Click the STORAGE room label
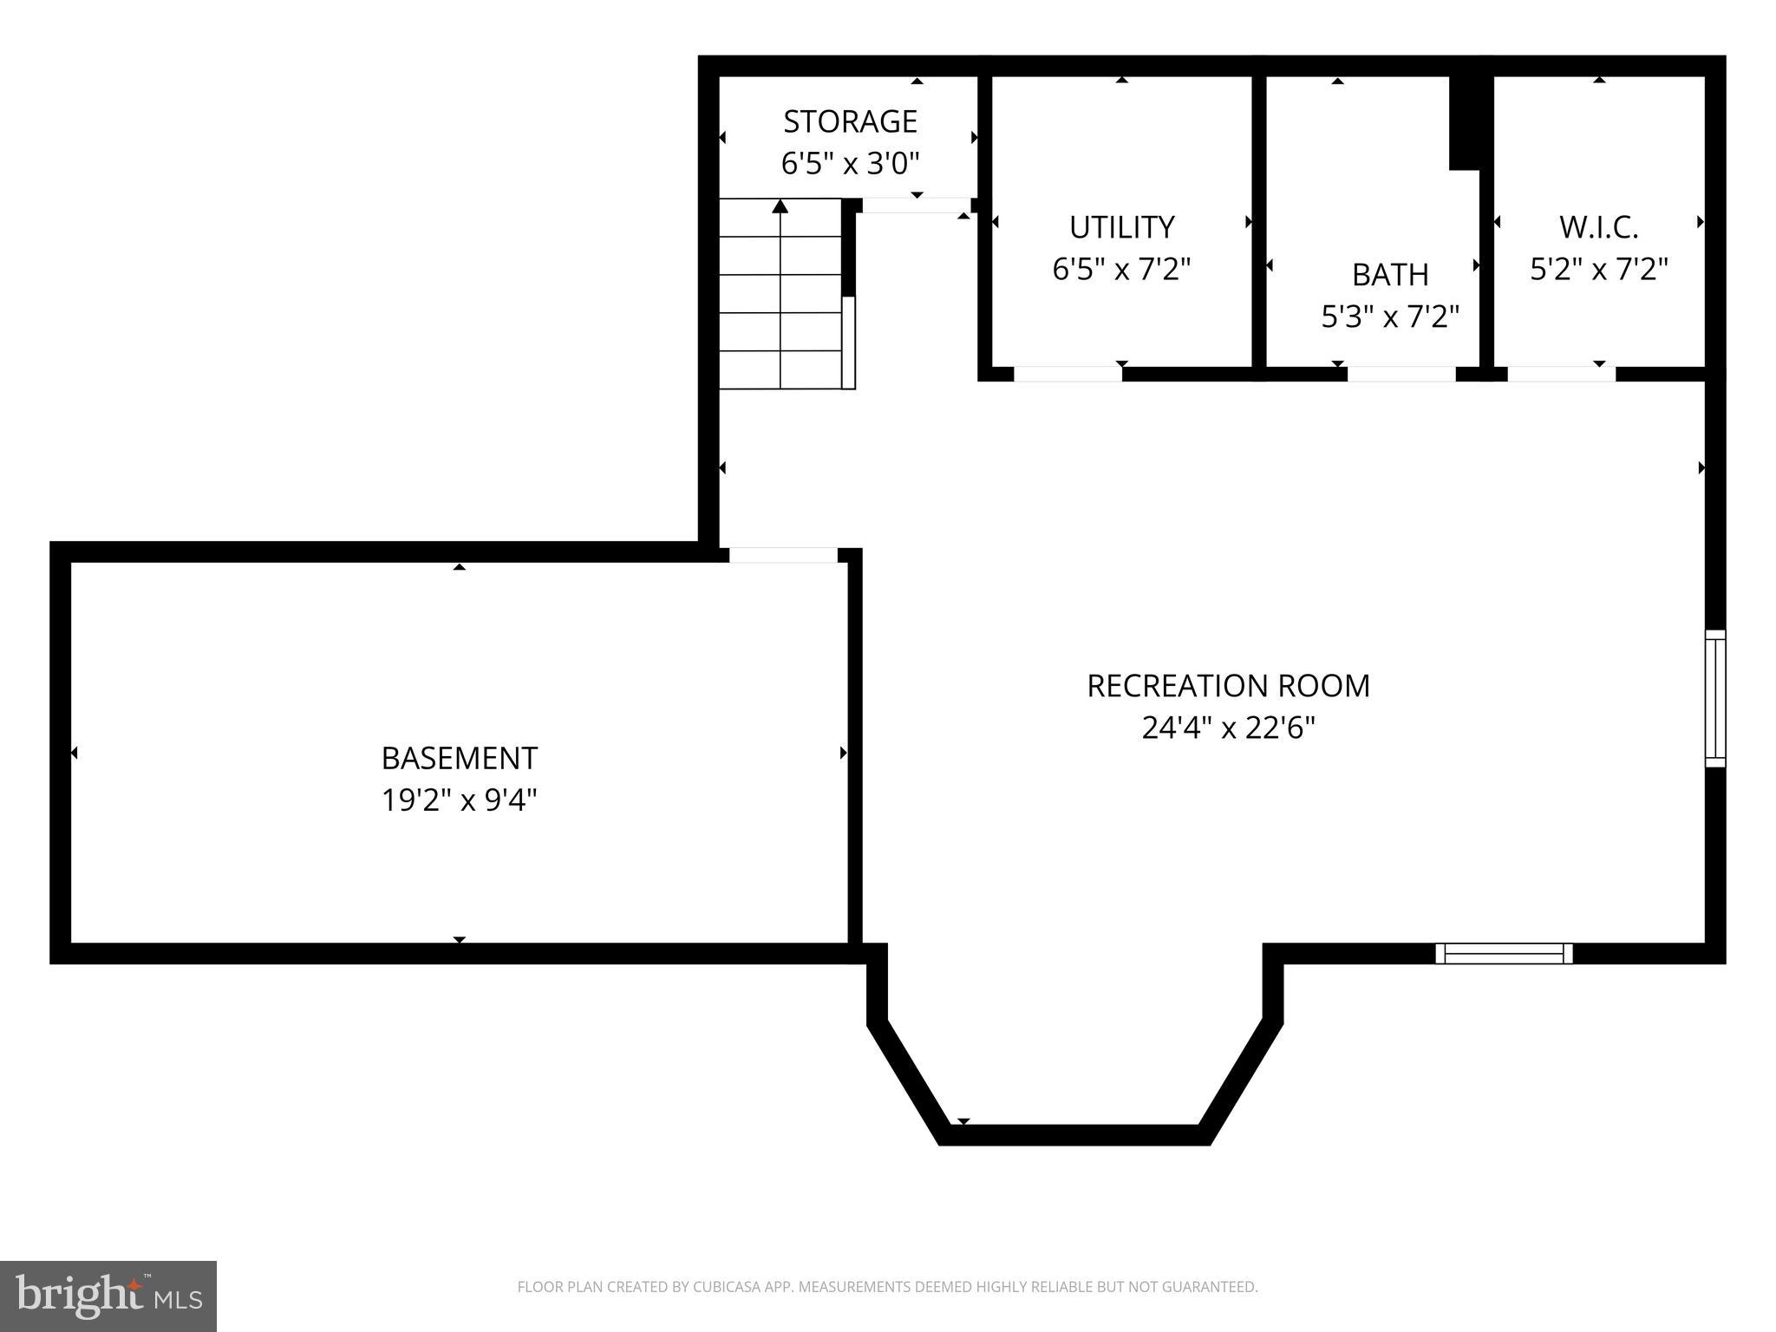click(850, 121)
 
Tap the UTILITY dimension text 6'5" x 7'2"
click(1121, 270)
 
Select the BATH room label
click(1390, 275)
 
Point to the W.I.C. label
click(1598, 227)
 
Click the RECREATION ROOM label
click(1228, 686)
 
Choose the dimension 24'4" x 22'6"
click(1228, 728)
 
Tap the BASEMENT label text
click(459, 758)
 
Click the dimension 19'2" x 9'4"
click(459, 800)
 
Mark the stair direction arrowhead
click(780, 206)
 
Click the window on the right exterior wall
click(1714, 698)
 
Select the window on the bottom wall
click(1504, 954)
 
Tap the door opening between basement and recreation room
click(783, 555)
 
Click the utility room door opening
click(1068, 374)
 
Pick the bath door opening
click(1401, 374)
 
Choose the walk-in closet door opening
click(1561, 374)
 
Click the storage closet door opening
click(916, 206)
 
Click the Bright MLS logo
click(108, 1296)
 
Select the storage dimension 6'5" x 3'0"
click(850, 163)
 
